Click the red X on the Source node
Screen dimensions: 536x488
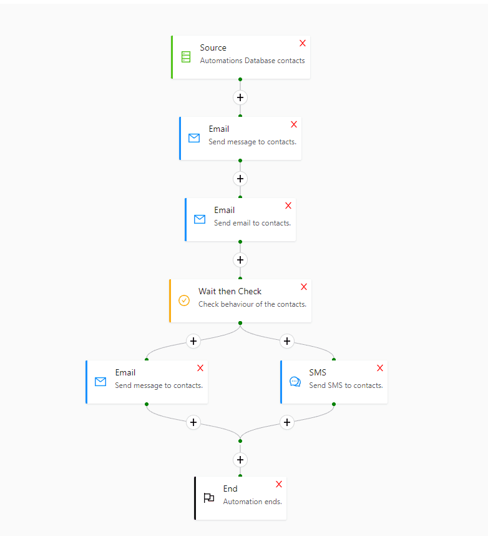[x=303, y=43]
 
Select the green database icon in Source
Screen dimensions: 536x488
[x=186, y=57]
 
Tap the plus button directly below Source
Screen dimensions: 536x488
[x=240, y=97]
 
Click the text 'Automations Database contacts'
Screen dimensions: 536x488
[x=252, y=61]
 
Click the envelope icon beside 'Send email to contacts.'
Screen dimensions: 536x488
[x=200, y=219]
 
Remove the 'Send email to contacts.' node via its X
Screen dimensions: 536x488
[x=288, y=206]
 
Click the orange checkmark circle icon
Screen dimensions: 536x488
[x=184, y=300]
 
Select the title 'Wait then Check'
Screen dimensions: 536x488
[x=230, y=291]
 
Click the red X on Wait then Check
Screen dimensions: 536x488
[x=304, y=287]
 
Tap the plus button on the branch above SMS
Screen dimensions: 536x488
[x=287, y=341]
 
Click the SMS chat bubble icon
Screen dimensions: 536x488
[x=295, y=382]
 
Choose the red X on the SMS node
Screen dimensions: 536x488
[x=380, y=368]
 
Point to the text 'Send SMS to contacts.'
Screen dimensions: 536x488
[x=346, y=385]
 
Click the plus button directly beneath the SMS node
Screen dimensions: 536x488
[x=287, y=422]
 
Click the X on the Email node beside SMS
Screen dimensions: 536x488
[x=200, y=368]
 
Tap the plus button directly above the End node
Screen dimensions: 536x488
[x=240, y=460]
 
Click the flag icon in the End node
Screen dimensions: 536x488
[x=209, y=498]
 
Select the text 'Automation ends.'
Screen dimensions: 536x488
[x=252, y=502]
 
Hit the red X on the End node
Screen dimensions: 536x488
[x=279, y=484]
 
